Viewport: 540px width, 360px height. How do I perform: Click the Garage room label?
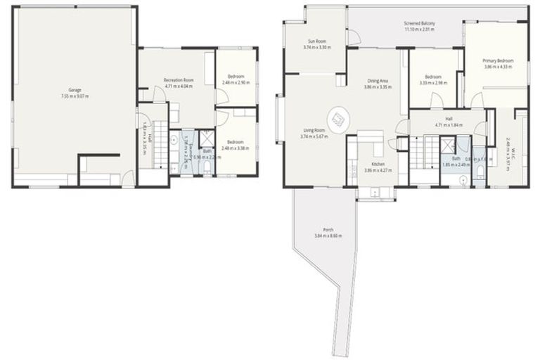pos(74,90)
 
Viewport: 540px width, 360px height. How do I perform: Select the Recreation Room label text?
pos(178,80)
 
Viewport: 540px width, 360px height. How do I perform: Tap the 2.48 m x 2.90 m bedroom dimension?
pos(236,82)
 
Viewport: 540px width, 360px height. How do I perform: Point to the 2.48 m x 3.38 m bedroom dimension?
pos(236,148)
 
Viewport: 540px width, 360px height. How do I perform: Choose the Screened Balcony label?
pos(419,23)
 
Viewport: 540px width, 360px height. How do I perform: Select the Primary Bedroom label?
pos(498,61)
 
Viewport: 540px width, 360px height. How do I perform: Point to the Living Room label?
pos(314,130)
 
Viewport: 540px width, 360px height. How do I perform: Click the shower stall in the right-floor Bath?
pos(446,145)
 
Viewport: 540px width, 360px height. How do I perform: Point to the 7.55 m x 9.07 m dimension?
pos(74,96)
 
